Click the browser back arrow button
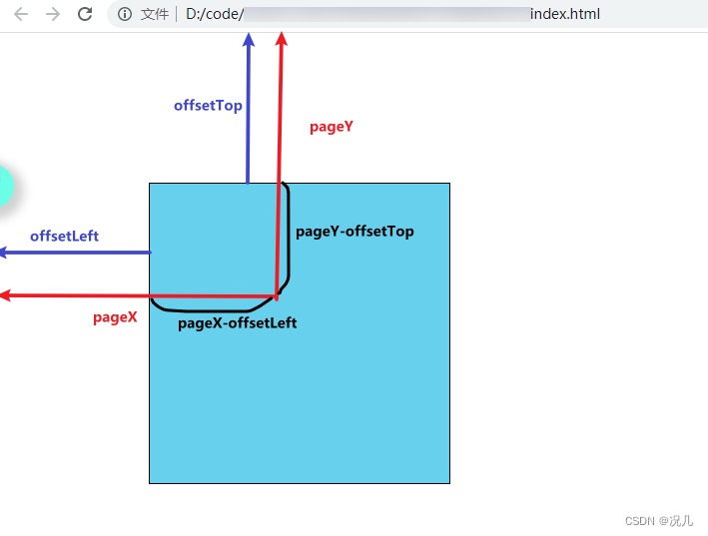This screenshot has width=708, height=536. (x=21, y=14)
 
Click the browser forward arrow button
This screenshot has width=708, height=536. (x=53, y=14)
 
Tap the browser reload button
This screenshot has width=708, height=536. (x=85, y=14)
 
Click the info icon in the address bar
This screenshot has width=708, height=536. (x=125, y=15)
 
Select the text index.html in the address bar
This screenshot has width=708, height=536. (x=565, y=15)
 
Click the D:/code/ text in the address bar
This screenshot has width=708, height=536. (x=215, y=15)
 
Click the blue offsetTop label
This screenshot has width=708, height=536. (x=208, y=105)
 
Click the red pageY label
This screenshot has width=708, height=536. (x=332, y=127)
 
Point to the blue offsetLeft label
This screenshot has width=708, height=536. (x=64, y=236)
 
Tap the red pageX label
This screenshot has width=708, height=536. (x=115, y=317)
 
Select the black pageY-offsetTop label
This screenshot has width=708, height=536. (x=354, y=232)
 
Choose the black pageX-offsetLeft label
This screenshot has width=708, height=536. (x=237, y=323)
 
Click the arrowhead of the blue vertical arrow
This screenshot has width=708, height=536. (x=249, y=40)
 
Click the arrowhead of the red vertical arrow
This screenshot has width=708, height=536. (x=282, y=39)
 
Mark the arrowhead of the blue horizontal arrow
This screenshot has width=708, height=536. (x=5, y=253)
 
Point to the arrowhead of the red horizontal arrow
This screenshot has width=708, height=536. (x=5, y=295)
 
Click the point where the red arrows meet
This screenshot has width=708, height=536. (x=277, y=295)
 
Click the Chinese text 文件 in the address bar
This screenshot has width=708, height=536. (x=155, y=15)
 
